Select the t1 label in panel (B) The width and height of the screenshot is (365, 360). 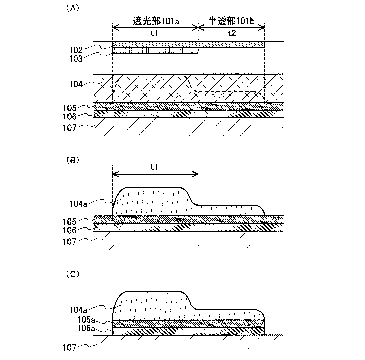(x=154, y=168)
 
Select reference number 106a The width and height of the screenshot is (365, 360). (x=78, y=329)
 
